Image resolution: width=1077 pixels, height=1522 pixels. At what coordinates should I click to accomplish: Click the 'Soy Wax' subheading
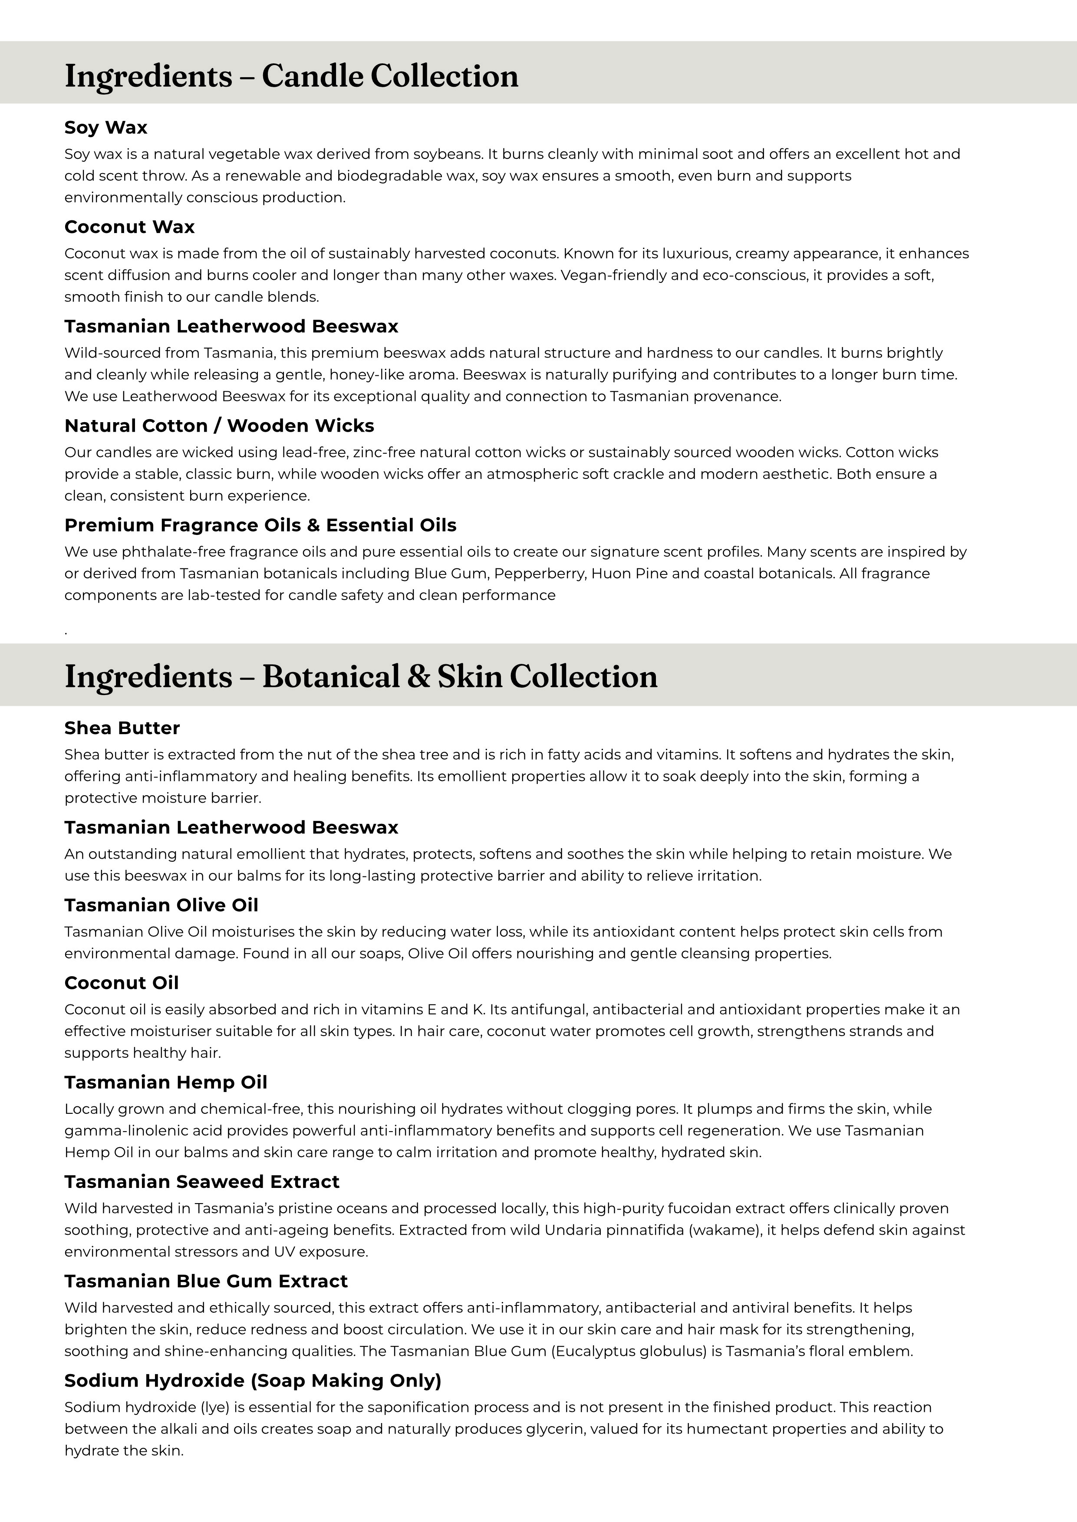pos(105,127)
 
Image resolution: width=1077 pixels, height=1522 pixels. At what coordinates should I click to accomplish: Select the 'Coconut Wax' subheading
pos(129,227)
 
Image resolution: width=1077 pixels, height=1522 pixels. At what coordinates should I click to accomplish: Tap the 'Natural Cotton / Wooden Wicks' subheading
pos(219,426)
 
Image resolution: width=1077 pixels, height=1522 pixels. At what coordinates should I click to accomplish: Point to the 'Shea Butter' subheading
pos(122,728)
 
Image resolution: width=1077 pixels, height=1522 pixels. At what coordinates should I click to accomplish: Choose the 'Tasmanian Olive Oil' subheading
pos(161,905)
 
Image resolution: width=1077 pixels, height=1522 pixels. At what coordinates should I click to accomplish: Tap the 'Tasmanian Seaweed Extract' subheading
pos(201,1181)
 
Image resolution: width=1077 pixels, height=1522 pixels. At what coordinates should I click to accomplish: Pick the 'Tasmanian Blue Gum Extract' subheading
pos(206,1281)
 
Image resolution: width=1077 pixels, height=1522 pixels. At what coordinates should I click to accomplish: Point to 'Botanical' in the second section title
pos(331,676)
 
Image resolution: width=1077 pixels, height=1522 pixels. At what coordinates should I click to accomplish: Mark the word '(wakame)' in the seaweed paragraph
pos(725,1230)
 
